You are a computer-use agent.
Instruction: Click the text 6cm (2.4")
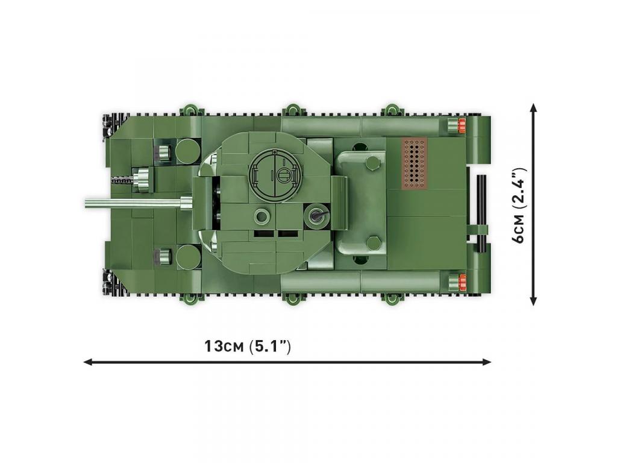coord(519,205)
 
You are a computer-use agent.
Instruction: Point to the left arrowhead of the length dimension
coord(87,362)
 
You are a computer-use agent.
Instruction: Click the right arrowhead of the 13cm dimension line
coord(487,362)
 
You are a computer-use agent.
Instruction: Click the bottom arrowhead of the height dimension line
coord(533,300)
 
